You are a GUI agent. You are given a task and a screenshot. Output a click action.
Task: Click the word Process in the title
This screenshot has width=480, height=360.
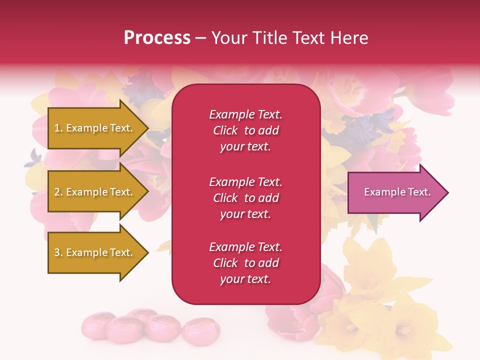(x=157, y=38)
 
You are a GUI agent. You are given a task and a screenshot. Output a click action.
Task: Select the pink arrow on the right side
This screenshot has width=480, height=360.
(x=395, y=192)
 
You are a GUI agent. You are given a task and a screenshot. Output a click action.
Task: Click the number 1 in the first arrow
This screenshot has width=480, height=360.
(x=57, y=128)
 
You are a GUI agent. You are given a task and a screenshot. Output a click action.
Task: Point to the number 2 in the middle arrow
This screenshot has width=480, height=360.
(x=57, y=192)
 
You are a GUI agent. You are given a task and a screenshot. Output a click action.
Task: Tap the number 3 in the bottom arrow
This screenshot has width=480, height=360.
(x=57, y=252)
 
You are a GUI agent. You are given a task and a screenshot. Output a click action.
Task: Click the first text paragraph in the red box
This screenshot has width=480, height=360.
(x=245, y=130)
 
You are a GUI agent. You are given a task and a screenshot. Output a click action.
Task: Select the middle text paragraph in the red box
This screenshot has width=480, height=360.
(x=245, y=198)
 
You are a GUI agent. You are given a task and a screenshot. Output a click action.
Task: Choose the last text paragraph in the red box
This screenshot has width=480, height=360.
(x=245, y=263)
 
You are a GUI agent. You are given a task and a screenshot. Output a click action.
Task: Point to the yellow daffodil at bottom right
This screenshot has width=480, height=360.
(x=400, y=320)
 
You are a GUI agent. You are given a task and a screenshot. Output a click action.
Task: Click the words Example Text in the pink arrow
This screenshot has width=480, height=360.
(x=397, y=192)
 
